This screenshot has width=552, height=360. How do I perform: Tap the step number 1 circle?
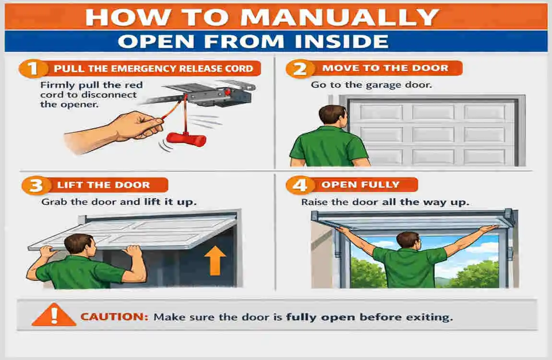click(x=33, y=68)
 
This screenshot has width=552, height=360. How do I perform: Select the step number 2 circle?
click(x=300, y=69)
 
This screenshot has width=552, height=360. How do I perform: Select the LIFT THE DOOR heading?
click(x=103, y=185)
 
